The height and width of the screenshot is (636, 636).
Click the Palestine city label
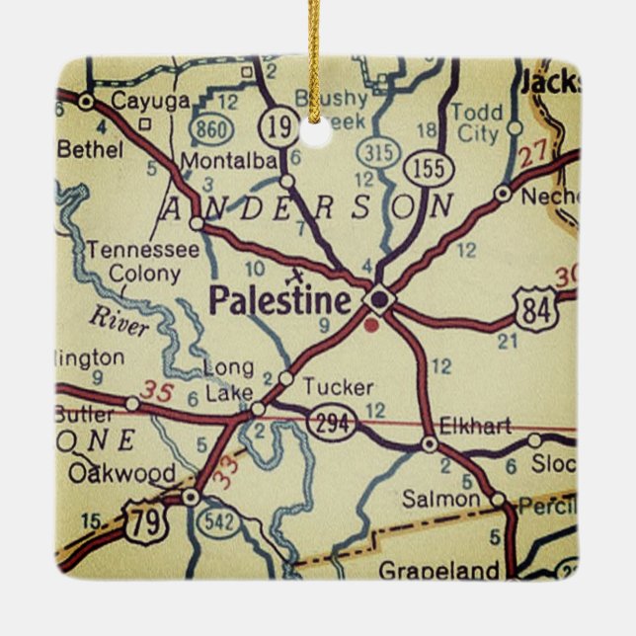click(x=279, y=300)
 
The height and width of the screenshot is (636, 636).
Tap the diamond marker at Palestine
click(x=379, y=298)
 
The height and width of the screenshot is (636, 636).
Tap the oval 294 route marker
click(x=327, y=423)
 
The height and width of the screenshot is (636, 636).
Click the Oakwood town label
click(x=121, y=473)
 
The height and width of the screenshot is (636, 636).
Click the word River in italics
click(x=118, y=319)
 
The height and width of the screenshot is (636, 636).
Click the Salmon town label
click(x=441, y=499)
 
